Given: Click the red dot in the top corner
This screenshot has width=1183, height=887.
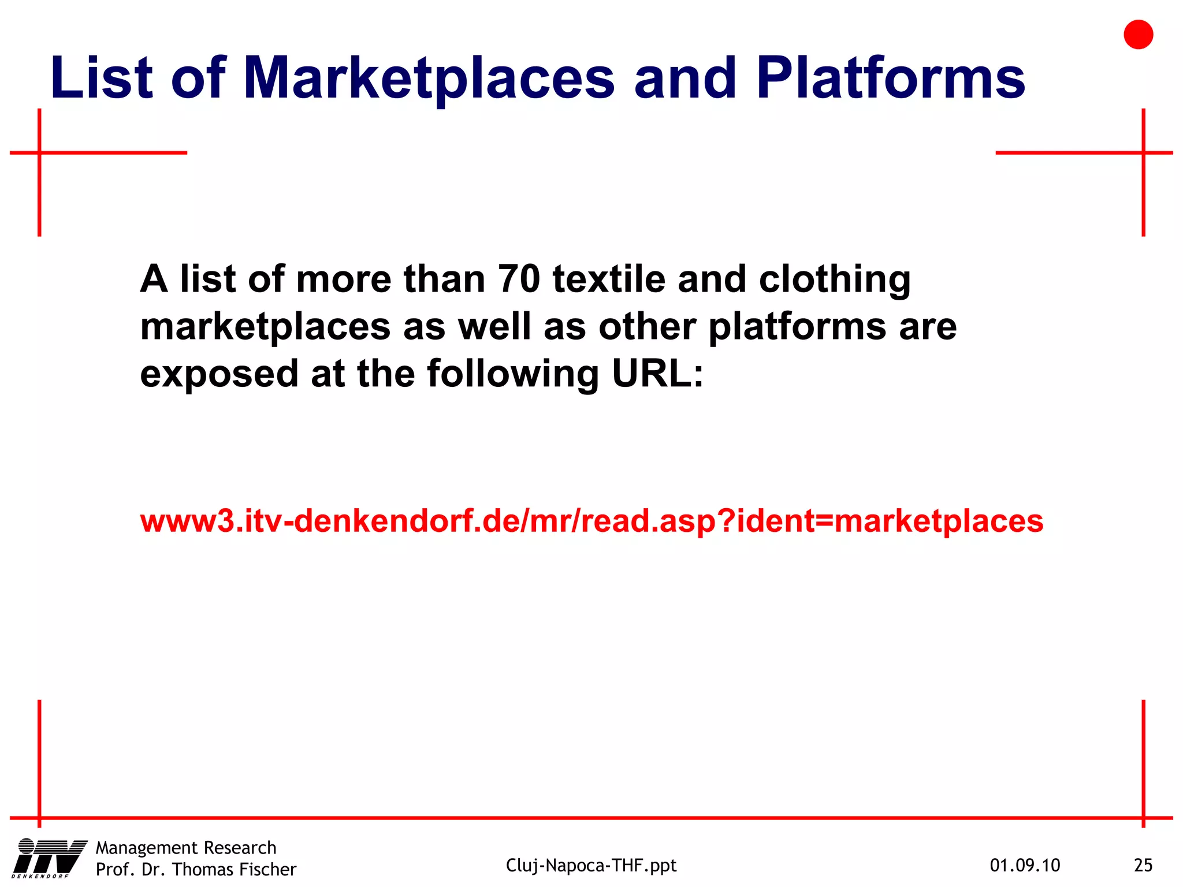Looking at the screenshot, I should pyautogui.click(x=1138, y=35).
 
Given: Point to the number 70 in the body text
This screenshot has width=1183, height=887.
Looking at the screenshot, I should pyautogui.click(x=519, y=279).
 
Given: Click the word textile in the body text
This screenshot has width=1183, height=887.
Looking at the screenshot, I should pyautogui.click(x=609, y=279).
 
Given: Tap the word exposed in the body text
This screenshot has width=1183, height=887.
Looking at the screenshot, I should pyautogui.click(x=219, y=374).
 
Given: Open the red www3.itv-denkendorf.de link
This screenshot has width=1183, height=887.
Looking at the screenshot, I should pyautogui.click(x=591, y=521).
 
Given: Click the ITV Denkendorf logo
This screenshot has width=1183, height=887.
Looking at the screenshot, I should pyautogui.click(x=49, y=858).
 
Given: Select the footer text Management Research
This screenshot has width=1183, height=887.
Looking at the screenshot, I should pyautogui.click(x=186, y=848).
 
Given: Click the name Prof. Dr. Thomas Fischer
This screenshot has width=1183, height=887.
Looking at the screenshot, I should pyautogui.click(x=196, y=869).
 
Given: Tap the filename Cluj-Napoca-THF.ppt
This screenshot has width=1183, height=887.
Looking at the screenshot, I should pyautogui.click(x=591, y=865).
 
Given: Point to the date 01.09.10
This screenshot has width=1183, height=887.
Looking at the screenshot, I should pyautogui.click(x=1025, y=865).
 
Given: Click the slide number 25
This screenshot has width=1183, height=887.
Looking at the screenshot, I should pyautogui.click(x=1143, y=865).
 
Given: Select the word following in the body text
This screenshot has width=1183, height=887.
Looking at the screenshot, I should pyautogui.click(x=513, y=374).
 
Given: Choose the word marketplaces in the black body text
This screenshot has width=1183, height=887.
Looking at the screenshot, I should pyautogui.click(x=266, y=327).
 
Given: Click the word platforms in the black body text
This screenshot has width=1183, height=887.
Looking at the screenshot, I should pyautogui.click(x=797, y=327).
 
